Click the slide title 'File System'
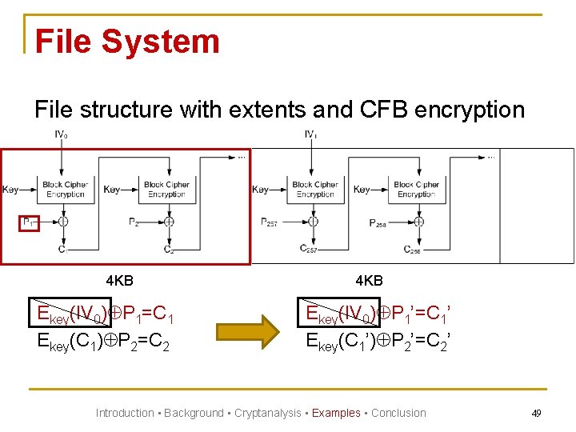click(x=127, y=42)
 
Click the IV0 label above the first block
click(x=61, y=136)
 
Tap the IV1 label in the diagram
click(x=311, y=135)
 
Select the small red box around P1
click(x=29, y=222)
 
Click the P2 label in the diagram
click(x=134, y=222)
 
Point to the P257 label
click(x=270, y=222)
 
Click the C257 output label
click(x=309, y=249)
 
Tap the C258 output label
click(x=413, y=250)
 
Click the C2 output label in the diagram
click(x=169, y=250)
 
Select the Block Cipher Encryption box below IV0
click(x=65, y=190)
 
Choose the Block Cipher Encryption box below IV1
click(x=314, y=190)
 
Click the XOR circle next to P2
click(x=169, y=222)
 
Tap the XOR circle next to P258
click(x=418, y=222)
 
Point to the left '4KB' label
click(x=119, y=280)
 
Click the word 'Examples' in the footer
click(x=336, y=413)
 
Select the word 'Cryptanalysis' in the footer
click(x=268, y=413)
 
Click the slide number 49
click(x=536, y=413)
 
